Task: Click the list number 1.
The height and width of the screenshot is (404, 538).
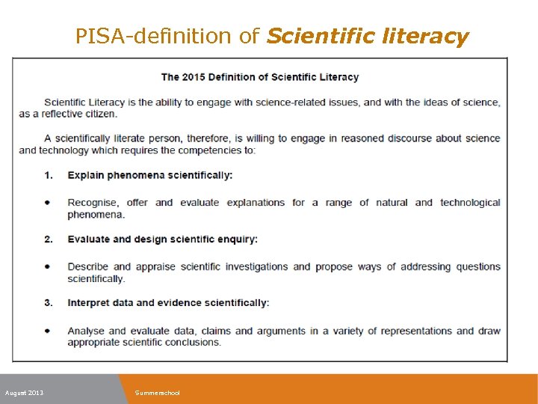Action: click(49, 175)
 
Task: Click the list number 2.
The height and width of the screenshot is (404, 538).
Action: click(49, 239)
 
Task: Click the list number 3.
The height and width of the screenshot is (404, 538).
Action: click(49, 303)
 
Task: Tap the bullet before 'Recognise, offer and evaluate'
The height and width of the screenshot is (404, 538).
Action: click(48, 203)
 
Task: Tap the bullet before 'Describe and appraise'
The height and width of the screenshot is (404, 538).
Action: click(48, 266)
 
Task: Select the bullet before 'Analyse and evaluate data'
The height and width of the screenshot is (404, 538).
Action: click(48, 331)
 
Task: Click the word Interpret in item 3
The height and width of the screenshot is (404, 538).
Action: click(89, 303)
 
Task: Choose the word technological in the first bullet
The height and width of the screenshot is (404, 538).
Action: click(470, 203)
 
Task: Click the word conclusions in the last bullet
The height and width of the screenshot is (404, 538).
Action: click(194, 343)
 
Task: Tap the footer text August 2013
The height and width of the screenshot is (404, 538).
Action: click(24, 393)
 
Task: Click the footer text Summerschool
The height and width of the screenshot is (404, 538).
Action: click(157, 393)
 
